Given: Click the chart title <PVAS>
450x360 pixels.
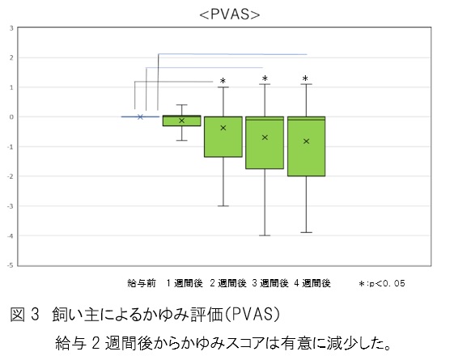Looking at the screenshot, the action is (230, 15).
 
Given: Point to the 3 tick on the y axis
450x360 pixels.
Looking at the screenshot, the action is (11, 28).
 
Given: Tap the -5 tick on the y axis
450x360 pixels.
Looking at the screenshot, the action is (11, 265).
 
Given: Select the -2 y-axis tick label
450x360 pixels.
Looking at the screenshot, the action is (11, 176).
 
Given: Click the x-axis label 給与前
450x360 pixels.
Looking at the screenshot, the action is (142, 283).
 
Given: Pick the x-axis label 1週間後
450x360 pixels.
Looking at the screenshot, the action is (185, 283).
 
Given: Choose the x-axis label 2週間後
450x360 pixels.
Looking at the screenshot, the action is (228, 283).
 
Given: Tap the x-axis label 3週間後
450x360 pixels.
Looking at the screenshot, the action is (270, 283).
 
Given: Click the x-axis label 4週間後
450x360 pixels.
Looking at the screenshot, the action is (312, 283).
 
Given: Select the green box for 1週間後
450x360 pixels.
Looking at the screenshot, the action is (181, 121).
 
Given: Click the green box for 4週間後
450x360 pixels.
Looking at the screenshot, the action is (306, 146).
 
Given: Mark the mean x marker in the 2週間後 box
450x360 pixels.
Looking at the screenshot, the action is (223, 128).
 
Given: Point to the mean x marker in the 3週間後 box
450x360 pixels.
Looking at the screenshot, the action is (265, 138).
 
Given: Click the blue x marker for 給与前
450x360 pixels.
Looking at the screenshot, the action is (140, 116).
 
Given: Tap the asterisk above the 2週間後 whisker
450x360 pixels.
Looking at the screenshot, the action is (223, 81).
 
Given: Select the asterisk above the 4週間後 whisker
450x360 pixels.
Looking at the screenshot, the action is (305, 78).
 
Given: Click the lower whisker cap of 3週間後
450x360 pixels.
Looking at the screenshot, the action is (265, 235).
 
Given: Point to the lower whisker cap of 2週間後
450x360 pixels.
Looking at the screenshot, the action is (223, 206).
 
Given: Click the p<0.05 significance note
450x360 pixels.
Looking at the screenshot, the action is (382, 284).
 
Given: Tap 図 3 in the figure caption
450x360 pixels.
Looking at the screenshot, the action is (24, 315).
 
